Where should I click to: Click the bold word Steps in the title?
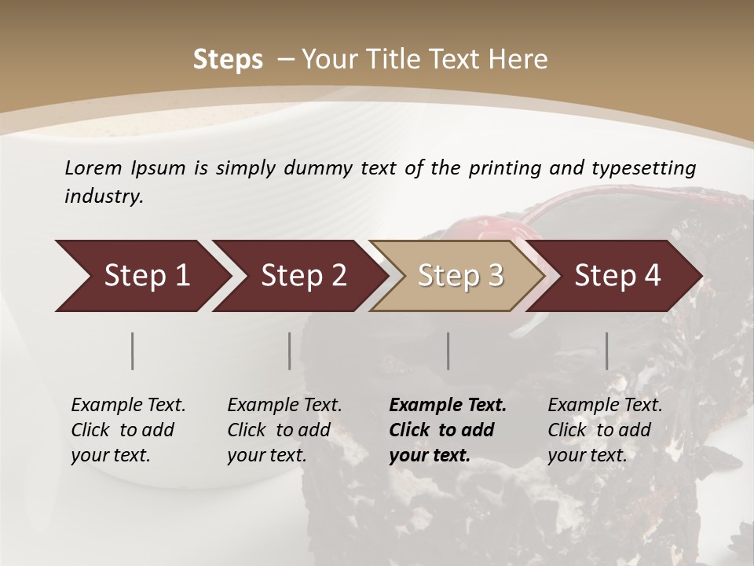(228, 60)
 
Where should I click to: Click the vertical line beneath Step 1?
(133, 351)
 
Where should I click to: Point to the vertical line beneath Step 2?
(290, 351)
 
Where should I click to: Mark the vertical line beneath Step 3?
(448, 351)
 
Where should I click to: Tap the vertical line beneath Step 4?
(606, 351)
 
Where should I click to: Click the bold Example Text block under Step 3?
(448, 430)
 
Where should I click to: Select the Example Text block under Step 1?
(128, 430)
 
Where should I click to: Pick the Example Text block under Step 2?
(284, 430)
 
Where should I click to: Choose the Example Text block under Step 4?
(605, 430)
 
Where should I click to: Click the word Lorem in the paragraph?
(93, 167)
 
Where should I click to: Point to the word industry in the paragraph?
(104, 196)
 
